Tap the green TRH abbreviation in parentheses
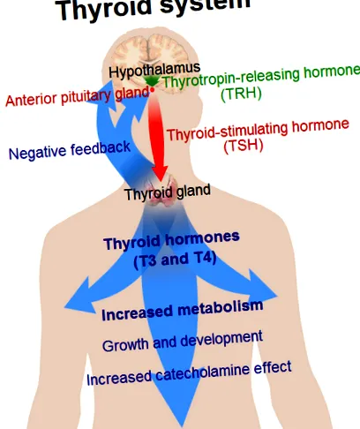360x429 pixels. click(241, 94)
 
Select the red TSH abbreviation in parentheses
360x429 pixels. click(244, 146)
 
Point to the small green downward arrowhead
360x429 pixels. click(151, 81)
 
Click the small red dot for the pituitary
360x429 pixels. click(153, 90)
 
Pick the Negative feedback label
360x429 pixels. click(70, 150)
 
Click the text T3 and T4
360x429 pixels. click(176, 260)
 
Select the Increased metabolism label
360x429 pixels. click(183, 310)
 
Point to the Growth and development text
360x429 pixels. click(183, 342)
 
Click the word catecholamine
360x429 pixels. click(203, 373)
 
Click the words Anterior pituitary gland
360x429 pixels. click(78, 97)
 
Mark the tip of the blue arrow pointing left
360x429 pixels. click(64, 307)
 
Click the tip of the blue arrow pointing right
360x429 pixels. click(278, 297)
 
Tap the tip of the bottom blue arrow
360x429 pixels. click(182, 427)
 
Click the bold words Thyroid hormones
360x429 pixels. click(172, 240)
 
